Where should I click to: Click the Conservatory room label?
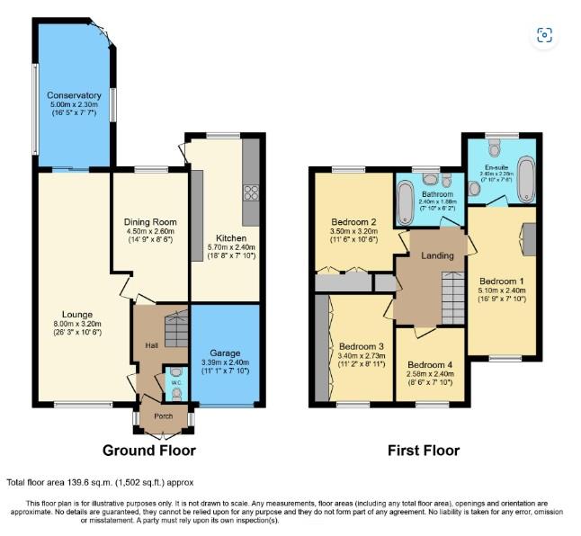(x=74, y=94)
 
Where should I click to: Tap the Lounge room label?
(x=77, y=314)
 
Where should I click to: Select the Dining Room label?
(x=149, y=221)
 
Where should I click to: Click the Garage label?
(x=225, y=353)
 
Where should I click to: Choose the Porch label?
(x=164, y=416)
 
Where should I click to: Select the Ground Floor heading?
(x=149, y=451)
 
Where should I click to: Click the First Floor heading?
(x=424, y=451)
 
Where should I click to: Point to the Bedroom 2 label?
(x=353, y=222)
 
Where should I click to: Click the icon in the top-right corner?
(x=544, y=35)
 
